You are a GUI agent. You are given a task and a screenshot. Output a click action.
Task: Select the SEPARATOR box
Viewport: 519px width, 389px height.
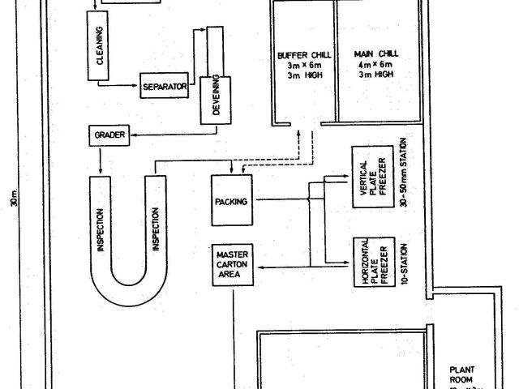165,86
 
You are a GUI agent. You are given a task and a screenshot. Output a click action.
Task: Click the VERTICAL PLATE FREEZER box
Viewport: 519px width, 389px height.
371,187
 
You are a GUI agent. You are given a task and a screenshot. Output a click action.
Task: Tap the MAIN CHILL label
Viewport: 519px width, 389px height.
374,55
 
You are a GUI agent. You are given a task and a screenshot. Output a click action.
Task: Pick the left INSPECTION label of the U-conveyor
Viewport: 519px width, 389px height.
100,230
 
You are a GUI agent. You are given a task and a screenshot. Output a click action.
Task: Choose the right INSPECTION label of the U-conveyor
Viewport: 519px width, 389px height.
155,230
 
